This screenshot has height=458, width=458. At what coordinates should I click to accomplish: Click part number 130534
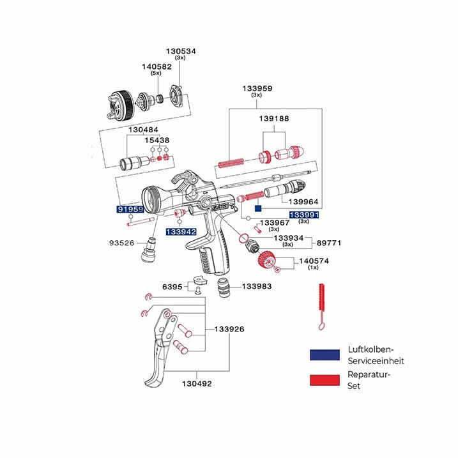181,50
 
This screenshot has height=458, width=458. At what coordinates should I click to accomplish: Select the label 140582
156,66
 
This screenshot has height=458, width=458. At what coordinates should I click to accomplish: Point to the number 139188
274,118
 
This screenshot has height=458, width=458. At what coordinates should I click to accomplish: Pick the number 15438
156,140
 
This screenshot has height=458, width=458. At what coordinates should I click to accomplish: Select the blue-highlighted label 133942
181,232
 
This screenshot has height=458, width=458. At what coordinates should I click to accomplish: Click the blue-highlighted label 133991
304,215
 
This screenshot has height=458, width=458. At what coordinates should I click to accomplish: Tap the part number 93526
121,243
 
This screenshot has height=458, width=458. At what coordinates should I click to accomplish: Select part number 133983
258,286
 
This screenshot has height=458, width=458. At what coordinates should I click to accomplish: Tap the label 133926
229,330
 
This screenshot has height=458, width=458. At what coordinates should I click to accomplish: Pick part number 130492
196,384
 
